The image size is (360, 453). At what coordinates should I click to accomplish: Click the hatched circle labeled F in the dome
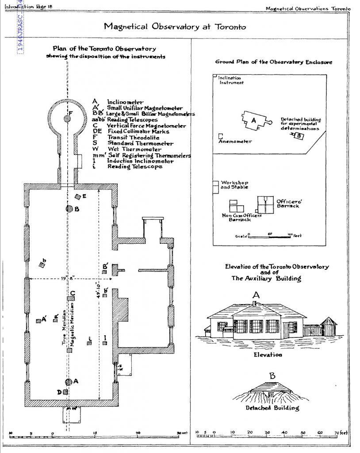67,118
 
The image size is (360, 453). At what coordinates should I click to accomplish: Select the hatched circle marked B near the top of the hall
69,208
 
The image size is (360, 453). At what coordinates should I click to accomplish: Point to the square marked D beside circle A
65,392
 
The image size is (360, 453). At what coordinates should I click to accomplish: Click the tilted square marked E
78,196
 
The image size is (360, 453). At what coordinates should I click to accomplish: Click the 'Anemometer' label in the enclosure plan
235,142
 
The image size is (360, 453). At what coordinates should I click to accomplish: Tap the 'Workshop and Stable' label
234,185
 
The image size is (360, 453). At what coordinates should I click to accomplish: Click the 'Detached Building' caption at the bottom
272,408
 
